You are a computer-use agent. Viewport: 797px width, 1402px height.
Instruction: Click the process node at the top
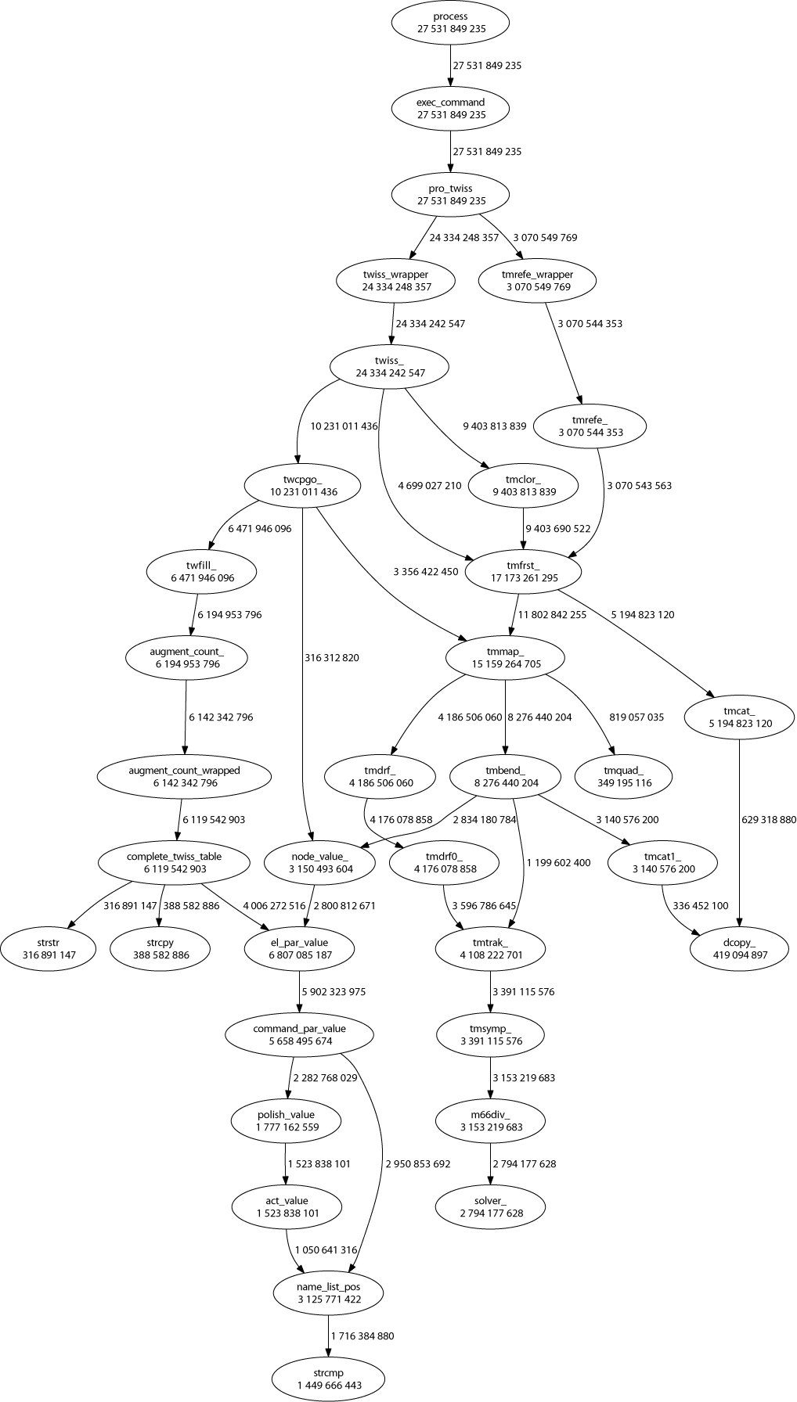pyautogui.click(x=450, y=23)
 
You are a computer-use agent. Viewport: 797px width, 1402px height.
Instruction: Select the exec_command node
pyautogui.click(x=450, y=109)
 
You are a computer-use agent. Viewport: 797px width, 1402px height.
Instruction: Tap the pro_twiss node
pyautogui.click(x=450, y=195)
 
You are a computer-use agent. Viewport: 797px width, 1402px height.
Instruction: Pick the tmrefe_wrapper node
pyautogui.click(x=537, y=281)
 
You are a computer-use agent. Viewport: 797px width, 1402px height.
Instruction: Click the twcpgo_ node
pyautogui.click(x=303, y=486)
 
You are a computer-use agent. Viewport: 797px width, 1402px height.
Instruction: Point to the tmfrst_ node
pyautogui.click(x=523, y=572)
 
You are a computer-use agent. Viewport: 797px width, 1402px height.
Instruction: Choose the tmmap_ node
pyautogui.click(x=505, y=658)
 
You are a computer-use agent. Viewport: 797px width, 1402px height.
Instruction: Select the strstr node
pyautogui.click(x=49, y=948)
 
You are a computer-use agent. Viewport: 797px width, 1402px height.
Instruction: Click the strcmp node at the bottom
pyautogui.click(x=329, y=1379)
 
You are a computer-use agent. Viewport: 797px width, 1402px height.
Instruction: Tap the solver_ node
pyautogui.click(x=491, y=1206)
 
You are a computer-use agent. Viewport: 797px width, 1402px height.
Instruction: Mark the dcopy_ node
pyautogui.click(x=740, y=948)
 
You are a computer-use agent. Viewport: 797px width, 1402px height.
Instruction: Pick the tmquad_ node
pyautogui.click(x=623, y=776)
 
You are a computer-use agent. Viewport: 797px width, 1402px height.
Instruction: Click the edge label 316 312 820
pyautogui.click(x=331, y=658)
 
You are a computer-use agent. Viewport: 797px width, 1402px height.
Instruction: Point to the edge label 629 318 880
pyautogui.click(x=768, y=820)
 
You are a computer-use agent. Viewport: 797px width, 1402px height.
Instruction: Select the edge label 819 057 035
pyautogui.click(x=637, y=717)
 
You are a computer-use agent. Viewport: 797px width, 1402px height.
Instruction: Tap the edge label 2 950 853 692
pyautogui.click(x=417, y=1163)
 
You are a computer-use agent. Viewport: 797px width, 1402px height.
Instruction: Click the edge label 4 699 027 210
pyautogui.click(x=430, y=486)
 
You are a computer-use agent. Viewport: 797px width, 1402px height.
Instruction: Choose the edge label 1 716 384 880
pyautogui.click(x=362, y=1335)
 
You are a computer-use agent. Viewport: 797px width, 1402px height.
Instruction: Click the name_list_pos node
pyautogui.click(x=329, y=1292)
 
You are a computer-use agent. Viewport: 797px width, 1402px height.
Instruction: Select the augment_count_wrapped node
pyautogui.click(x=184, y=776)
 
